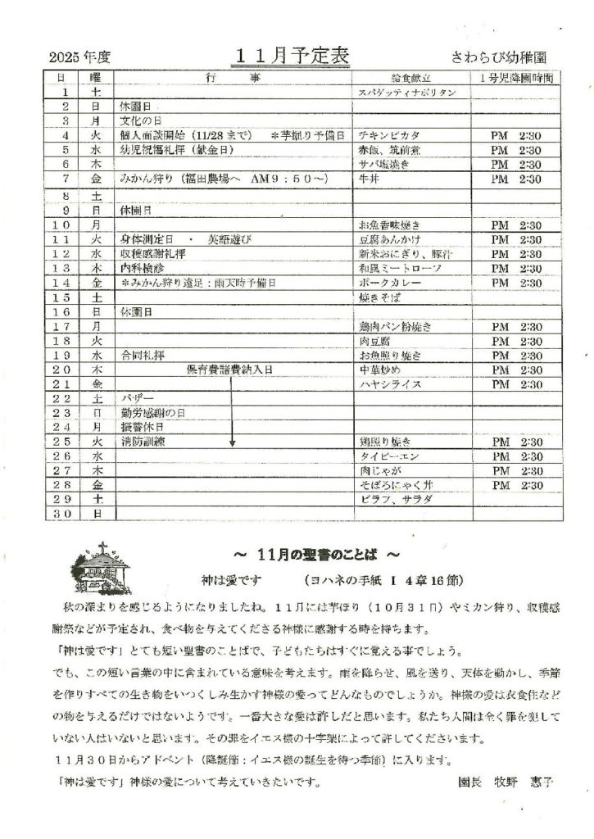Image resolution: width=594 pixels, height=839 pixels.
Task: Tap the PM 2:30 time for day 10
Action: (x=515, y=224)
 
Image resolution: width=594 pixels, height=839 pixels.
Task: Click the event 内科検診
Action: (x=141, y=268)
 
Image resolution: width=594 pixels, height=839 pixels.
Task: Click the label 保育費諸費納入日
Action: (x=229, y=370)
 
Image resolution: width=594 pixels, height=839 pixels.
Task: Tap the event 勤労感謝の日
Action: (x=150, y=413)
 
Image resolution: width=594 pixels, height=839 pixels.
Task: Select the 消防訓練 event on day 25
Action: (x=142, y=442)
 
